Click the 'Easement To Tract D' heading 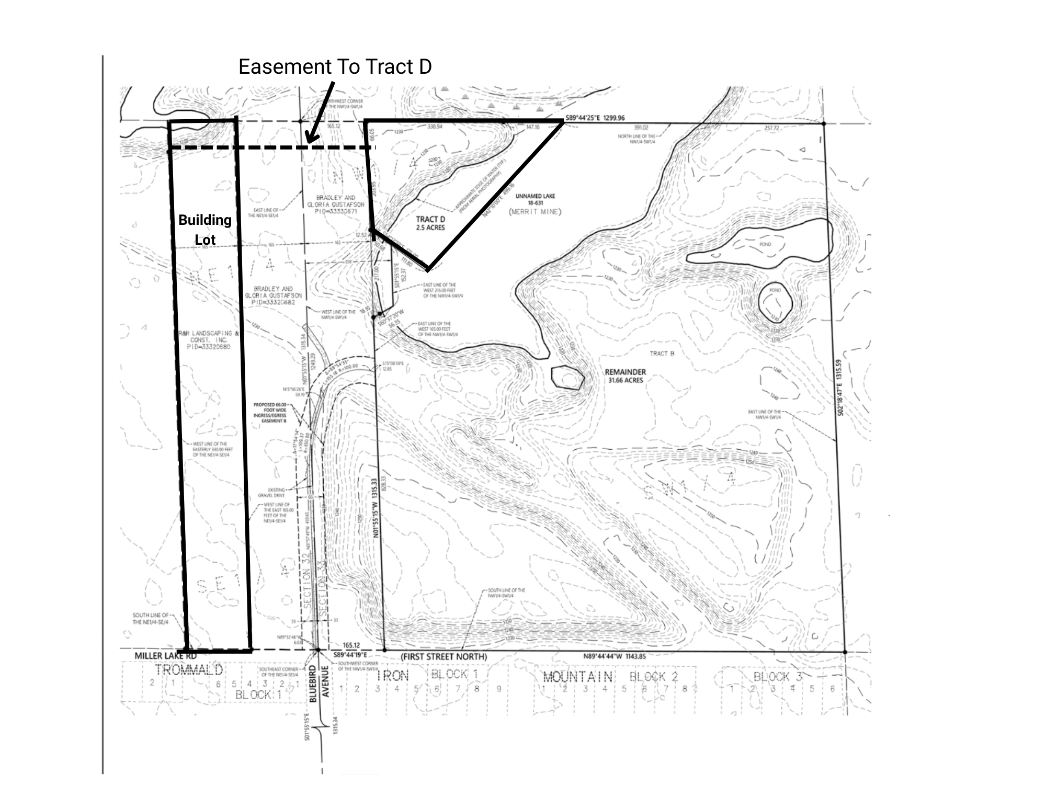[x=335, y=67]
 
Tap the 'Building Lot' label [x=205, y=230]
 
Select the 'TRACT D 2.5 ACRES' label [x=430, y=223]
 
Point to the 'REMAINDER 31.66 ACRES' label [x=626, y=376]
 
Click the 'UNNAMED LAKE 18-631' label [x=535, y=199]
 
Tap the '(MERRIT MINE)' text [x=535, y=212]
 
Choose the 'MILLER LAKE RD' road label [x=165, y=656]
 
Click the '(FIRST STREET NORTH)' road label [x=444, y=657]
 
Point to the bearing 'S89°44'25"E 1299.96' [x=595, y=118]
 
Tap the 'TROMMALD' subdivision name [x=189, y=670]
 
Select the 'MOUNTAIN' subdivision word [x=577, y=677]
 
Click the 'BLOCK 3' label [x=777, y=677]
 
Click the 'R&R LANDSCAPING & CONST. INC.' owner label [x=208, y=340]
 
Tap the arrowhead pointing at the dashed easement [x=310, y=140]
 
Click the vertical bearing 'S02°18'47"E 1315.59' [x=840, y=387]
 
